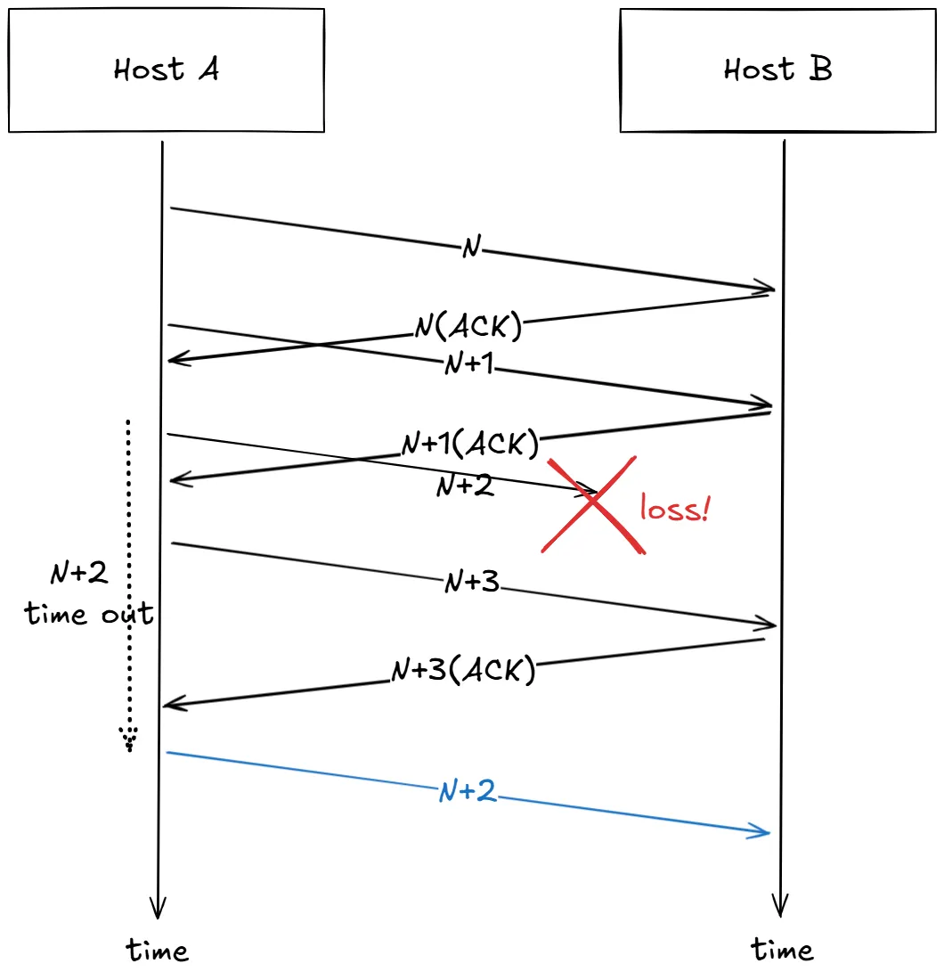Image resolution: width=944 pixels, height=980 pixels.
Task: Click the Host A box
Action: pyautogui.click(x=167, y=70)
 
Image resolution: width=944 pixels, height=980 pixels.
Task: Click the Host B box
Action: pyautogui.click(x=777, y=70)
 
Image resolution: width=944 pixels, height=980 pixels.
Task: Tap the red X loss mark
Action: pyautogui.click(x=592, y=505)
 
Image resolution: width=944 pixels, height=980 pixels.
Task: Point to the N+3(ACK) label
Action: pyautogui.click(x=463, y=670)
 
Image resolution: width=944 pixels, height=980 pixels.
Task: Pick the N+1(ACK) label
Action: pyautogui.click(x=470, y=442)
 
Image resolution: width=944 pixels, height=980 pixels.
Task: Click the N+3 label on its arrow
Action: pyautogui.click(x=471, y=584)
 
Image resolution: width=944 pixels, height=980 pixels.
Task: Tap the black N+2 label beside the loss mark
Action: pyautogui.click(x=465, y=486)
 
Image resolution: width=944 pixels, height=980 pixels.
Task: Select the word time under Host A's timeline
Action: pyautogui.click(x=158, y=950)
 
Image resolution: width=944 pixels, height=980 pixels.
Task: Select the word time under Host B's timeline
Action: pyautogui.click(x=782, y=950)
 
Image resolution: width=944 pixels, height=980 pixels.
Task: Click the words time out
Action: pyautogui.click(x=89, y=614)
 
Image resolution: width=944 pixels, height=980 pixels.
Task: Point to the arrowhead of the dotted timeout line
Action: pyautogui.click(x=128, y=739)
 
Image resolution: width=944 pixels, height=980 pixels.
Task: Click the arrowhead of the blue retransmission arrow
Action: pyautogui.click(x=764, y=833)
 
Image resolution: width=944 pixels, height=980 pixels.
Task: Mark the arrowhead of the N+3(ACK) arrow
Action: pyautogui.click(x=170, y=706)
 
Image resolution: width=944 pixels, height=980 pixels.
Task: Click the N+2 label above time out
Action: pyautogui.click(x=79, y=574)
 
